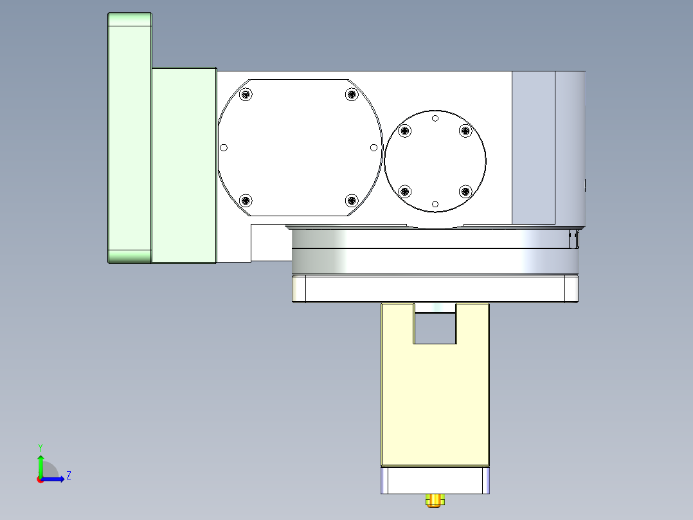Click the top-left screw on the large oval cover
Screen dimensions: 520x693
tap(245, 95)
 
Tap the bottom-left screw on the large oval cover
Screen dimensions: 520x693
tap(245, 200)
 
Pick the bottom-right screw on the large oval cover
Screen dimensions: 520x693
tap(351, 200)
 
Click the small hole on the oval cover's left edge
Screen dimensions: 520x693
tap(224, 147)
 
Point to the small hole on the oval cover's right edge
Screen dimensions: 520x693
tap(373, 147)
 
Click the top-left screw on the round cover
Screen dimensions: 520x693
tap(405, 131)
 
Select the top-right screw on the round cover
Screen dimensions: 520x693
tap(465, 131)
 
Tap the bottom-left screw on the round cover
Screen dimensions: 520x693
tap(405, 191)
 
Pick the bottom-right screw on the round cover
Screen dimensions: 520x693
tap(465, 191)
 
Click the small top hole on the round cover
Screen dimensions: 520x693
tap(435, 118)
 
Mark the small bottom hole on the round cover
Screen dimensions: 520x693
tap(435, 204)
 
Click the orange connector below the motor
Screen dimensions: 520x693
tap(435, 499)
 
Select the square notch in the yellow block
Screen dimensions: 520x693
tap(435, 328)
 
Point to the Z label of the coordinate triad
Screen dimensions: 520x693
tap(68, 476)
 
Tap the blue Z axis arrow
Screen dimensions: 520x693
tap(55, 479)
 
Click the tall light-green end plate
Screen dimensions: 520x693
tap(129, 138)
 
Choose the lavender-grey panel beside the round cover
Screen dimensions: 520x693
tap(533, 147)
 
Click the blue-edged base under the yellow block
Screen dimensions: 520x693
tap(435, 480)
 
